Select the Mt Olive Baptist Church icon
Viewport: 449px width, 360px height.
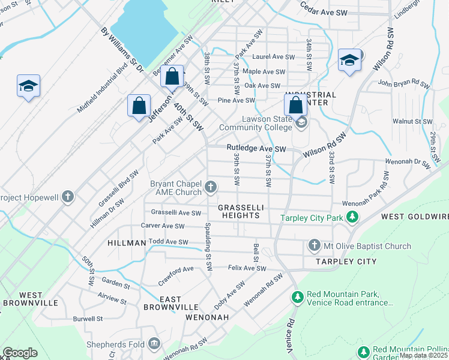click(x=313, y=245)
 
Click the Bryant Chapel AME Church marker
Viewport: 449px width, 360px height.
click(x=210, y=187)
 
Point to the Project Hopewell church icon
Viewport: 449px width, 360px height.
click(x=68, y=197)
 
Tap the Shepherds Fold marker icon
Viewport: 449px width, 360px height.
click(x=155, y=344)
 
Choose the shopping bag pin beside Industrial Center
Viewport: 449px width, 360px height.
click(x=296, y=104)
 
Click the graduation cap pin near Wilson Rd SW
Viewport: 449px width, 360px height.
click(x=349, y=60)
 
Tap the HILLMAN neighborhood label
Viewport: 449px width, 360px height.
click(x=127, y=243)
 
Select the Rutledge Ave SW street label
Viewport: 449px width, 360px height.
click(x=257, y=148)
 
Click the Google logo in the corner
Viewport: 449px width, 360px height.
click(x=20, y=353)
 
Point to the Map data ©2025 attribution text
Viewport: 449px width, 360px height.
click(x=423, y=355)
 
